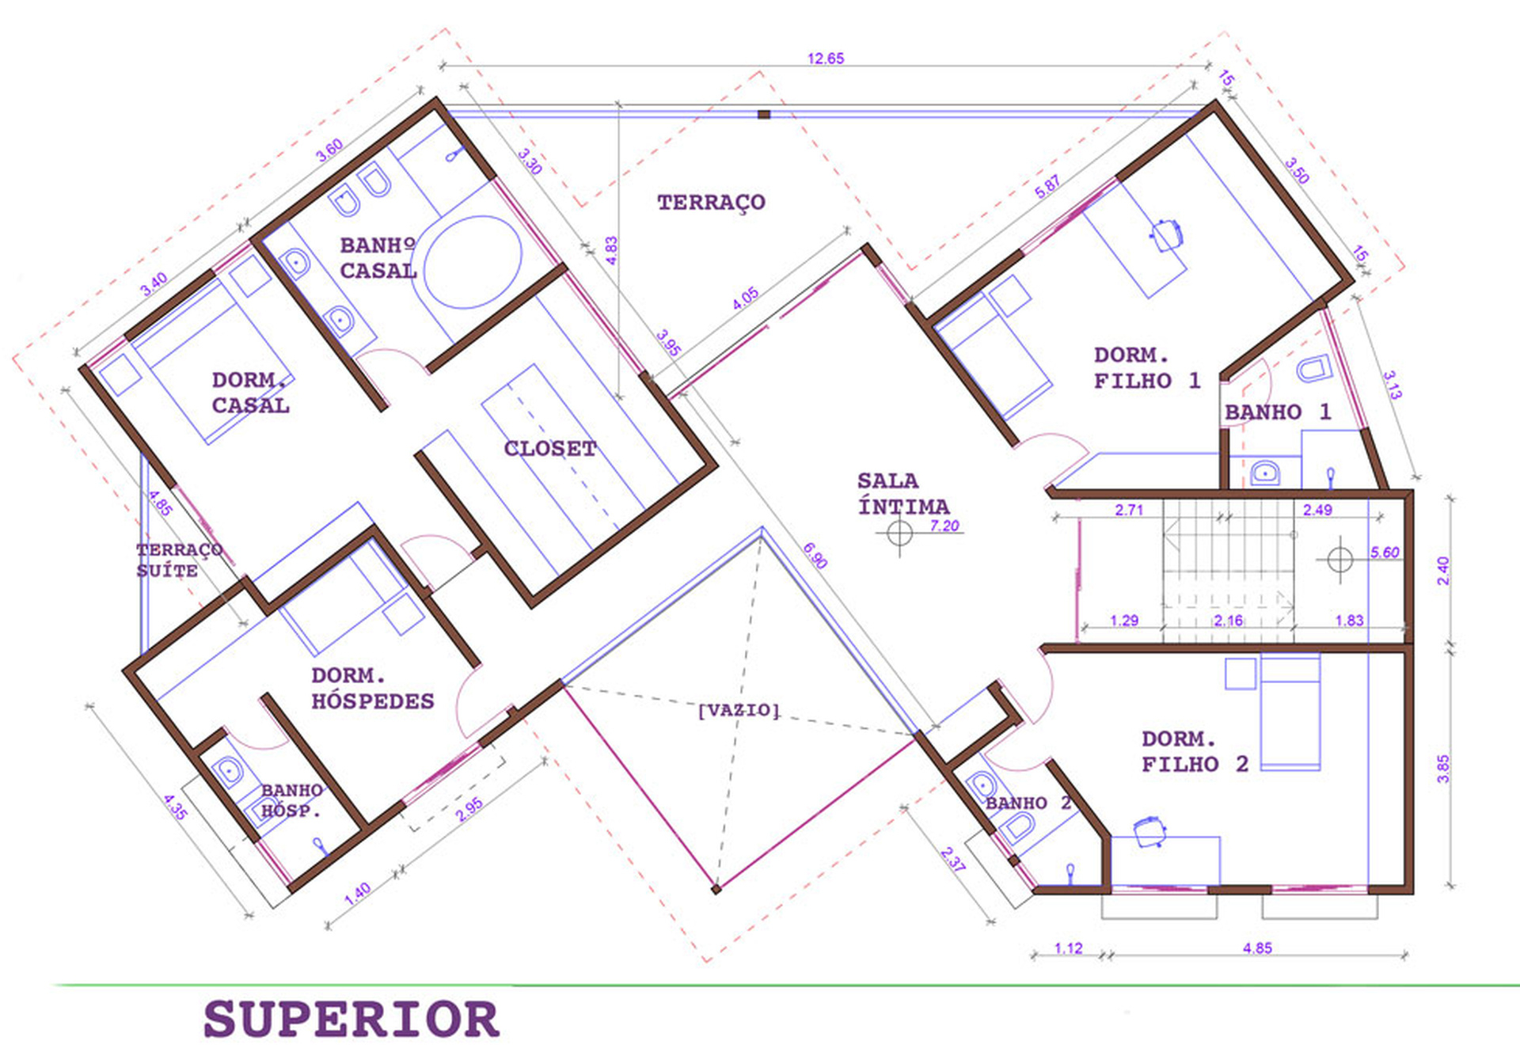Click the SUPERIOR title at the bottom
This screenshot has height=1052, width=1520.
tap(351, 1019)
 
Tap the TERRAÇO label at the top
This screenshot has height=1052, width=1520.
tap(711, 203)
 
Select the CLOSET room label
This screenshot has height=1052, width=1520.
tap(550, 449)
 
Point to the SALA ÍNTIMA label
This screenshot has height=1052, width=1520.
tap(903, 493)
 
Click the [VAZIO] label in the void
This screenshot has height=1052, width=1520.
tap(739, 710)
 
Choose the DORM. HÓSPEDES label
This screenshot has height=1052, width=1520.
tap(373, 688)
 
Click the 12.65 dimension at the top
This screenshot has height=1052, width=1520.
tap(826, 59)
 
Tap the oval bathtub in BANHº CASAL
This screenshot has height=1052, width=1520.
tap(473, 262)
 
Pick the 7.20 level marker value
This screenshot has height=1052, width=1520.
tap(944, 526)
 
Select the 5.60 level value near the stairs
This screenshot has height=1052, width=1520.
tap(1385, 553)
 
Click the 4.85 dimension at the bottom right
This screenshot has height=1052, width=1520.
tap(1257, 948)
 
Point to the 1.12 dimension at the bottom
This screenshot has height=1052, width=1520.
tap(1068, 948)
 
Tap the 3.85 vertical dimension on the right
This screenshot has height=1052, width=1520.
tap(1443, 769)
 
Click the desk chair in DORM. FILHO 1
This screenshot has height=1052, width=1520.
tap(1166, 235)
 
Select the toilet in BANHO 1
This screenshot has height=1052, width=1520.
tap(1314, 369)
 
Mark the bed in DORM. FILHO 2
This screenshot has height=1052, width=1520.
tap(1290, 712)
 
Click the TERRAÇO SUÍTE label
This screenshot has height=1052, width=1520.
tap(179, 560)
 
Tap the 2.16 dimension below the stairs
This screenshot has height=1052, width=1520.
tap(1228, 621)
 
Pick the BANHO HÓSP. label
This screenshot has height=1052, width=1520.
tap(291, 800)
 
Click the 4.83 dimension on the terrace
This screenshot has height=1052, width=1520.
tap(611, 250)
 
